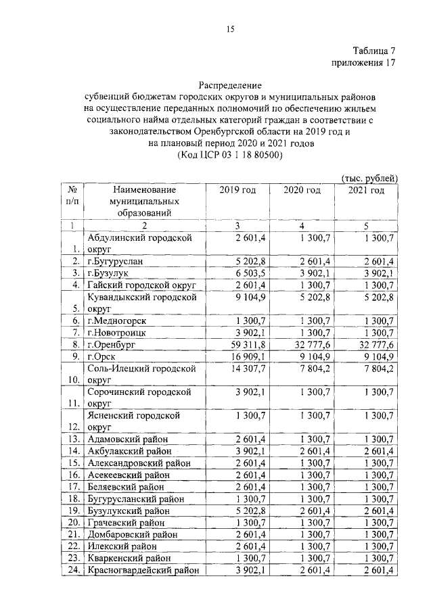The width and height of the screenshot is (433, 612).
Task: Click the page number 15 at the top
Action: (x=229, y=28)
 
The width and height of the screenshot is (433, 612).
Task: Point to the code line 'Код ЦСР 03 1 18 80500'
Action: (x=229, y=155)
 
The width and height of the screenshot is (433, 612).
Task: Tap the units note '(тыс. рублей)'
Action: (x=369, y=178)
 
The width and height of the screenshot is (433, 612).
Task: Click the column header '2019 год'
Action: (x=237, y=191)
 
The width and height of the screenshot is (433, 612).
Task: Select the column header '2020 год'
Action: (x=302, y=191)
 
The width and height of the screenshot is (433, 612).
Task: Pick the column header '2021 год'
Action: (x=366, y=191)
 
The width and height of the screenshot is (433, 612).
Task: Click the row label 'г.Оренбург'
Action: (x=112, y=344)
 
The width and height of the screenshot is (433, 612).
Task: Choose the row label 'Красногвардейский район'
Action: (x=143, y=571)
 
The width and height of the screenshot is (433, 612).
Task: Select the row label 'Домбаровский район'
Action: (x=133, y=534)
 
